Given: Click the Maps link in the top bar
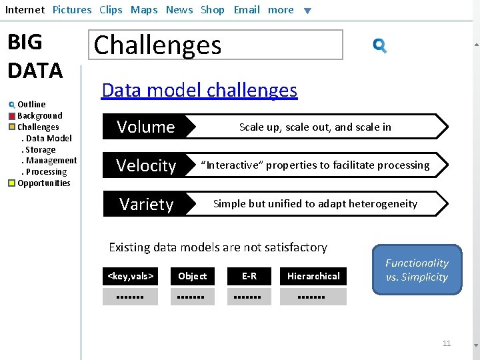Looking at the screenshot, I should coord(144,10).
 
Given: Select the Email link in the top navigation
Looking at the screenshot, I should coord(247,10).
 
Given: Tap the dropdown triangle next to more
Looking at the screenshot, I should coord(307,11).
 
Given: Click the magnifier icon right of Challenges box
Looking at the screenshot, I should coord(380,46).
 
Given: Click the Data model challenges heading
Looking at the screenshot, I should coord(199,91).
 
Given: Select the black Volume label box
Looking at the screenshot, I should coord(145,127).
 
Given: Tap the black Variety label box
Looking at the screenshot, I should coord(146,204).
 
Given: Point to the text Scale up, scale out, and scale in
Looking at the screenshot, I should coord(315,127).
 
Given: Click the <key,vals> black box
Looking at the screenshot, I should coord(131,276).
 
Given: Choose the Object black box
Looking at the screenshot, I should coord(192,276).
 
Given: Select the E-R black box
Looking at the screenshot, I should coord(249,276).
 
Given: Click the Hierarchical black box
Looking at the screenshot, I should coord(313,276).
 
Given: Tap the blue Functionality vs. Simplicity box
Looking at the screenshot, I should coord(417,270).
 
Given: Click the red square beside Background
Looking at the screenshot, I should coord(12,116).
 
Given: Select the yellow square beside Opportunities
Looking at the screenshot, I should coord(12,183).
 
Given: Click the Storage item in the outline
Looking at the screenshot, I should coord(41,150).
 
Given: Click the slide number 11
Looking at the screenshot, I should coord(447,343).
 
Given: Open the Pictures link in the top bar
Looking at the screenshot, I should coord(72,10).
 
